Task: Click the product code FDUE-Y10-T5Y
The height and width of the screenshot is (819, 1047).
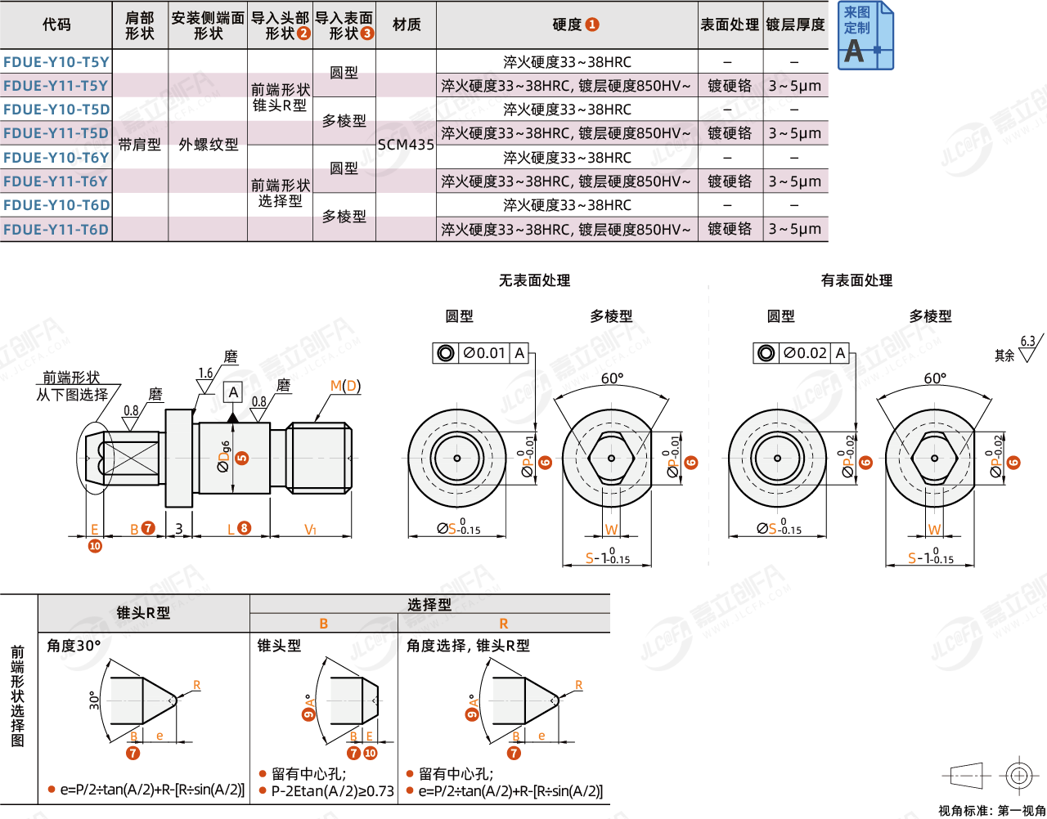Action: pyautogui.click(x=56, y=62)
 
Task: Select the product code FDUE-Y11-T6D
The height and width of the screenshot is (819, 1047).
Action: pyautogui.click(x=56, y=230)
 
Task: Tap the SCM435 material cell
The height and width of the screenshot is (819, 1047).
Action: pyautogui.click(x=406, y=145)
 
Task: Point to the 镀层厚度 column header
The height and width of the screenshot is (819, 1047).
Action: pyautogui.click(x=795, y=25)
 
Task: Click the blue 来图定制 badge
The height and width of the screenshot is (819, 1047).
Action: pyautogui.click(x=865, y=36)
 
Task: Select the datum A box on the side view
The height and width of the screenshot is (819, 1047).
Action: pyautogui.click(x=233, y=392)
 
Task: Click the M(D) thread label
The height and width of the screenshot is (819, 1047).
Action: pyautogui.click(x=345, y=386)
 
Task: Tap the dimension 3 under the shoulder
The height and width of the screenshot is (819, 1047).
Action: pyautogui.click(x=179, y=529)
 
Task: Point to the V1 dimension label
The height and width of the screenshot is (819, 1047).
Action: pyautogui.click(x=310, y=530)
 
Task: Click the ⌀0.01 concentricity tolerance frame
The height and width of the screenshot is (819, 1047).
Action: pyautogui.click(x=481, y=353)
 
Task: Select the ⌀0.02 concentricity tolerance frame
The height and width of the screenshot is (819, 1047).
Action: pyautogui.click(x=802, y=353)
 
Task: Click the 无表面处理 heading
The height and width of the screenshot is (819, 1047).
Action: pyautogui.click(x=534, y=280)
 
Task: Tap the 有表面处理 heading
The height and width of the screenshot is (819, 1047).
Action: pyautogui.click(x=856, y=280)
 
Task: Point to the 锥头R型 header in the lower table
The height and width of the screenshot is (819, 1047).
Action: pyautogui.click(x=143, y=612)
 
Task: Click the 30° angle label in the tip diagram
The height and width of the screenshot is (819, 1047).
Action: pyautogui.click(x=94, y=700)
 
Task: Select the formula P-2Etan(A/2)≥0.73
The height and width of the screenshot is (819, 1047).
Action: pyautogui.click(x=332, y=790)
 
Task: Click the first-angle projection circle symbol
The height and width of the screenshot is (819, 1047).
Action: pyautogui.click(x=1019, y=774)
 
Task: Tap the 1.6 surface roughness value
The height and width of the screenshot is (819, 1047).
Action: pyautogui.click(x=205, y=374)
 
